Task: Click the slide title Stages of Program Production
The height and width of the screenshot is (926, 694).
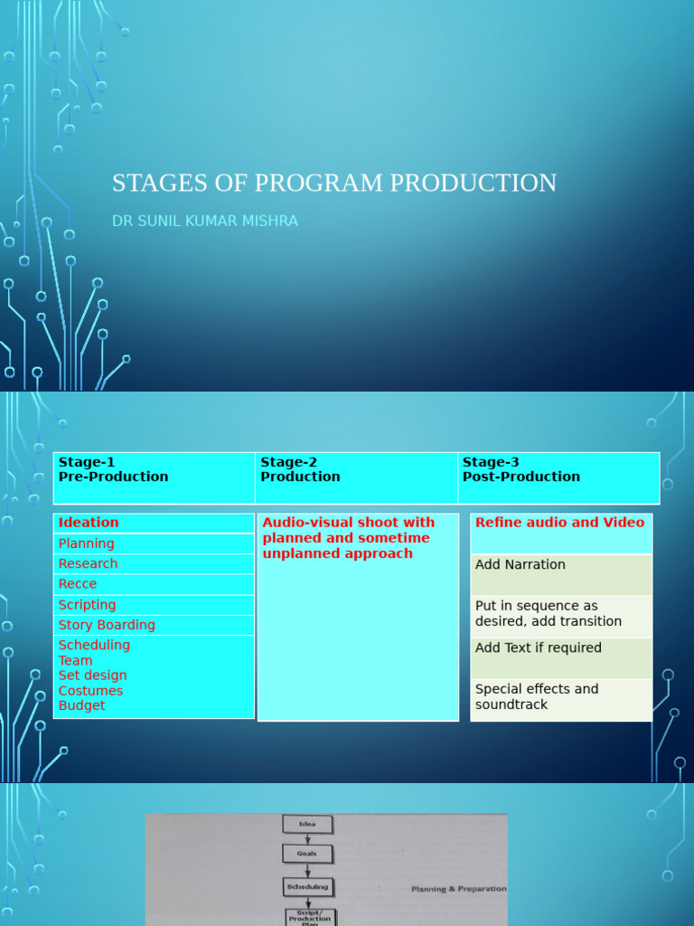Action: pyautogui.click(x=334, y=183)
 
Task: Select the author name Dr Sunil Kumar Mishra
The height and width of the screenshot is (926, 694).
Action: pyautogui.click(x=205, y=221)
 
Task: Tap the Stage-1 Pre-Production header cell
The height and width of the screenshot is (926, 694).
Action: pyautogui.click(x=154, y=477)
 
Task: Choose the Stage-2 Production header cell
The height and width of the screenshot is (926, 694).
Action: pyautogui.click(x=356, y=477)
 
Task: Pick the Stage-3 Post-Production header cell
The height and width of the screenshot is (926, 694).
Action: pyautogui.click(x=558, y=477)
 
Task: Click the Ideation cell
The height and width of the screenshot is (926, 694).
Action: pyautogui.click(x=154, y=523)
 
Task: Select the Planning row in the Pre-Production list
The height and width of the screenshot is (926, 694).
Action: pyautogui.click(x=154, y=543)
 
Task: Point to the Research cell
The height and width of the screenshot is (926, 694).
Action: pyautogui.click(x=154, y=563)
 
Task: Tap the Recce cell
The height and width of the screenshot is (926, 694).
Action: pyautogui.click(x=154, y=584)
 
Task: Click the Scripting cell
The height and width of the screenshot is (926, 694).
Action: pyautogui.click(x=154, y=605)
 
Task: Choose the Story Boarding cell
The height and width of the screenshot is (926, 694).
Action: pyautogui.click(x=154, y=625)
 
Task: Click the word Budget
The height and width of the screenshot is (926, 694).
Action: pyautogui.click(x=82, y=705)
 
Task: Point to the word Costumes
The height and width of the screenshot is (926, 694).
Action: pyautogui.click(x=90, y=691)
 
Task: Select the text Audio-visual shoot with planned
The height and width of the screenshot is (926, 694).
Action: pyautogui.click(x=348, y=530)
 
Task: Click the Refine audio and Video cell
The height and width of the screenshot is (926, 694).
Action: pyautogui.click(x=560, y=533)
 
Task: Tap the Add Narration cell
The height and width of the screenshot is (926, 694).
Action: pyautogui.click(x=560, y=574)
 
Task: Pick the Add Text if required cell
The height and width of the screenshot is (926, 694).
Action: pyautogui.click(x=560, y=657)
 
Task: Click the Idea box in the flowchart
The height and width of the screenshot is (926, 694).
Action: pyautogui.click(x=307, y=824)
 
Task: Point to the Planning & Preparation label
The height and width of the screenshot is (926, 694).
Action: pyautogui.click(x=458, y=889)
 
